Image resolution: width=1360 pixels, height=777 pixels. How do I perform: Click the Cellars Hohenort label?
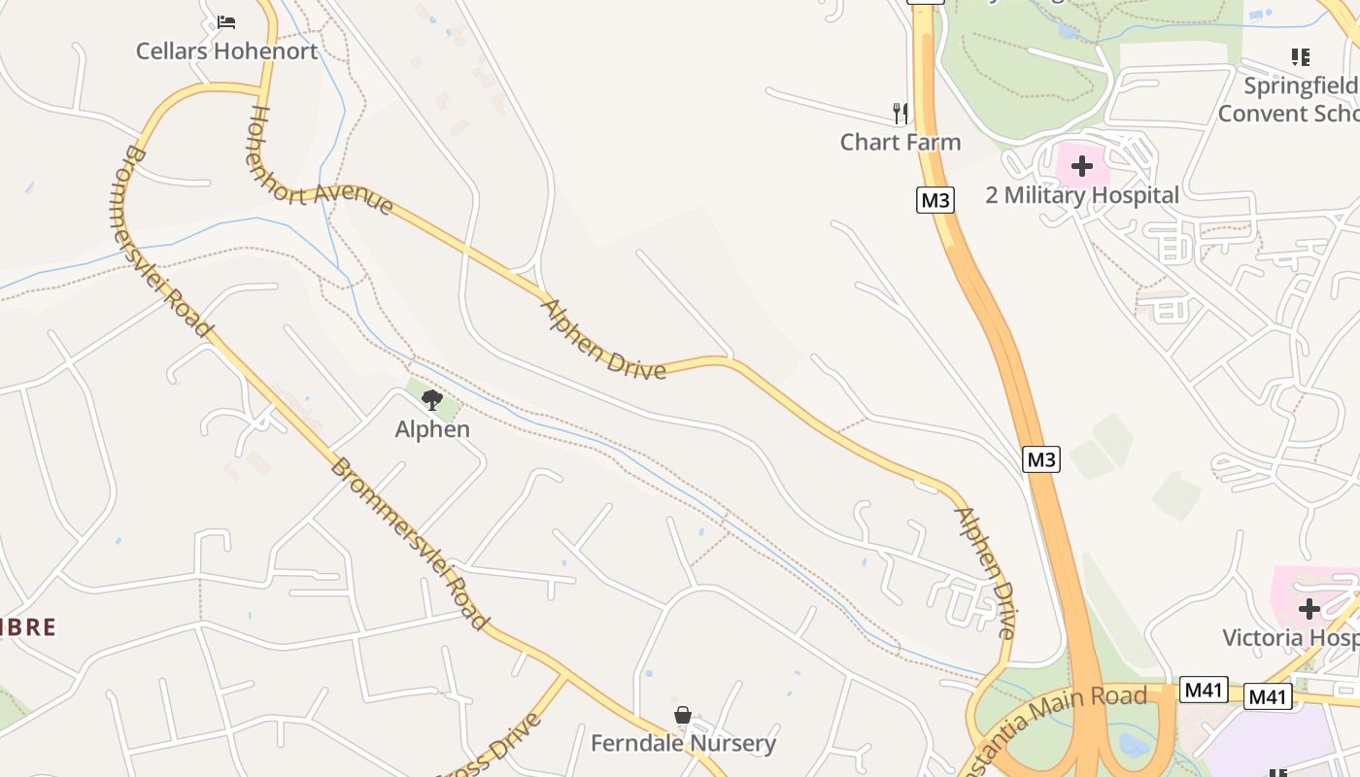click(226, 51)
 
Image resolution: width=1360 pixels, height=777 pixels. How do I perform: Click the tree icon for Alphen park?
click(432, 399)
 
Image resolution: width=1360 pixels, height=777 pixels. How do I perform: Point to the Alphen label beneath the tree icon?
click(432, 429)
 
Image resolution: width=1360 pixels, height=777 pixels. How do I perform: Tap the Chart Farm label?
click(900, 142)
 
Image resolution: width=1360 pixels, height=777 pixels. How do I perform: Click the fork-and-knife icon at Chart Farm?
click(901, 113)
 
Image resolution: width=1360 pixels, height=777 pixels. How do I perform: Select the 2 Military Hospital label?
click(1082, 195)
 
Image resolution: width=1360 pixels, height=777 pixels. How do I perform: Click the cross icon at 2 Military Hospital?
click(1082, 166)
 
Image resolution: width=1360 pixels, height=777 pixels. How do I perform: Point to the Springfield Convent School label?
click(1288, 99)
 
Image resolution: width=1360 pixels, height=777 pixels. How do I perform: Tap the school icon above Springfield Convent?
click(1301, 57)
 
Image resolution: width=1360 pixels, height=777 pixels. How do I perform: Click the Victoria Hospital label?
click(1290, 638)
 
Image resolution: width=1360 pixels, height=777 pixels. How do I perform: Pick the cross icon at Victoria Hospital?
click(1309, 609)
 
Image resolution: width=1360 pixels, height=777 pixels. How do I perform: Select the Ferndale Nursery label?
click(683, 744)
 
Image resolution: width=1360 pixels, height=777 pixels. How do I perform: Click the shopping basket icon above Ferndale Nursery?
click(683, 715)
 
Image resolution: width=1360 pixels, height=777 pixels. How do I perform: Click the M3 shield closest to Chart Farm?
click(935, 200)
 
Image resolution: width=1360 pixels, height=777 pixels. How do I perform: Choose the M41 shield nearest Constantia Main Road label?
click(1203, 691)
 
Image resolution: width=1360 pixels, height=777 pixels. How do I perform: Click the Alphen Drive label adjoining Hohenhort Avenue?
click(603, 339)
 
